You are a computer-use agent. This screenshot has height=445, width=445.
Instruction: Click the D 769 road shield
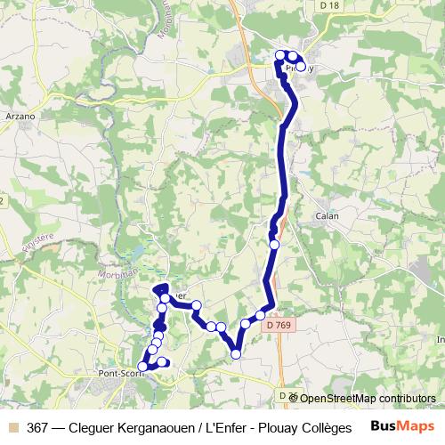coord(278,325)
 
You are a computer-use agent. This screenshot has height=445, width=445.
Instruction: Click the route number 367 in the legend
coord(38,426)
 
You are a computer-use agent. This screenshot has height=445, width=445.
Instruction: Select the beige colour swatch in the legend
coord(12,426)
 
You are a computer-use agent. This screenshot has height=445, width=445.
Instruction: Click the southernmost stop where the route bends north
coord(236,354)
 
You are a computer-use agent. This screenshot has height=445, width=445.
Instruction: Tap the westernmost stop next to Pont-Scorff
coord(142,366)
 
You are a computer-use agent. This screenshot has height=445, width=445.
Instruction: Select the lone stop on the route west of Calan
coord(274,243)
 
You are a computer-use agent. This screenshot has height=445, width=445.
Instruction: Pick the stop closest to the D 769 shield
coord(261,315)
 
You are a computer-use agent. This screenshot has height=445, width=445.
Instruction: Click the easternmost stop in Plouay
coord(301,68)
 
